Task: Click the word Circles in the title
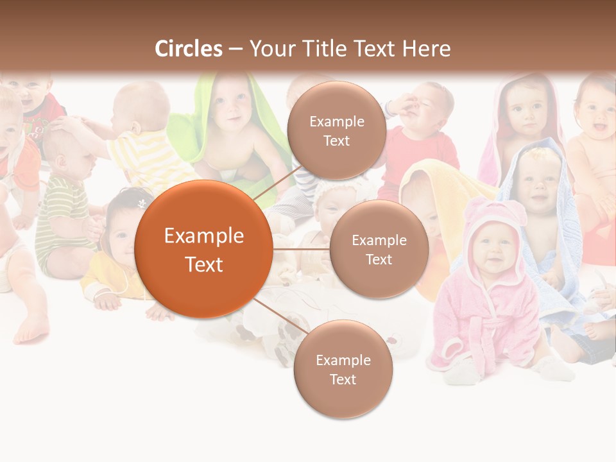(x=189, y=49)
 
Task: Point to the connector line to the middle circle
(x=301, y=249)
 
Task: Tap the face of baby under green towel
(x=231, y=106)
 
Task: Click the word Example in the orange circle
(x=203, y=236)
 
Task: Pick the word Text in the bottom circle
(x=343, y=380)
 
